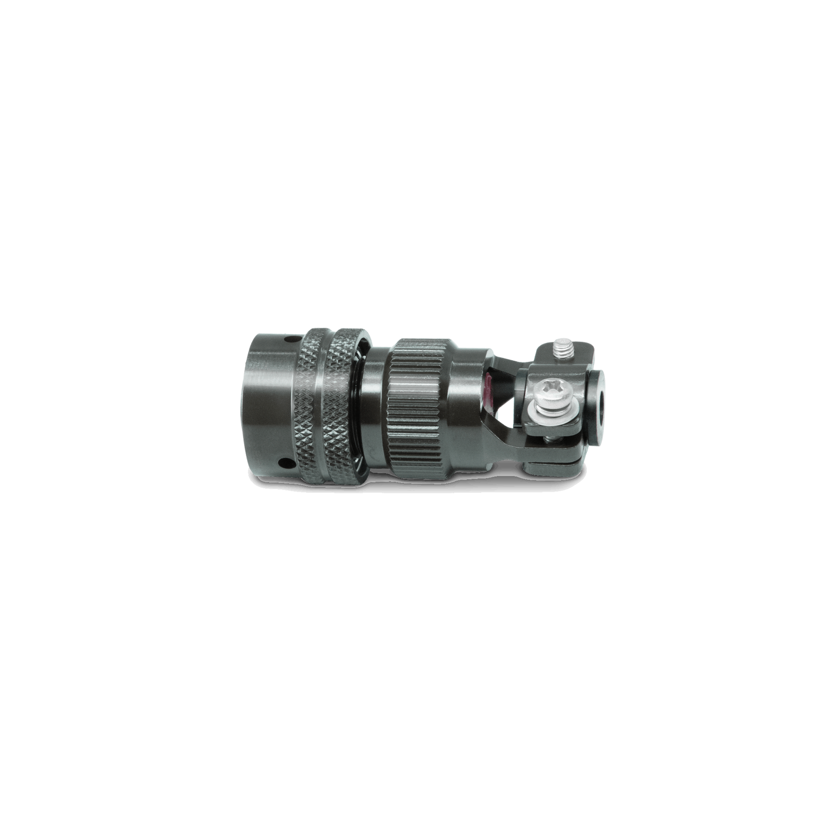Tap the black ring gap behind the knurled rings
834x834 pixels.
(x=361, y=398)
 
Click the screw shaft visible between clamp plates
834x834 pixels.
(x=548, y=440)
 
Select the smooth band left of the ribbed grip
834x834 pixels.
(x=377, y=398)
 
